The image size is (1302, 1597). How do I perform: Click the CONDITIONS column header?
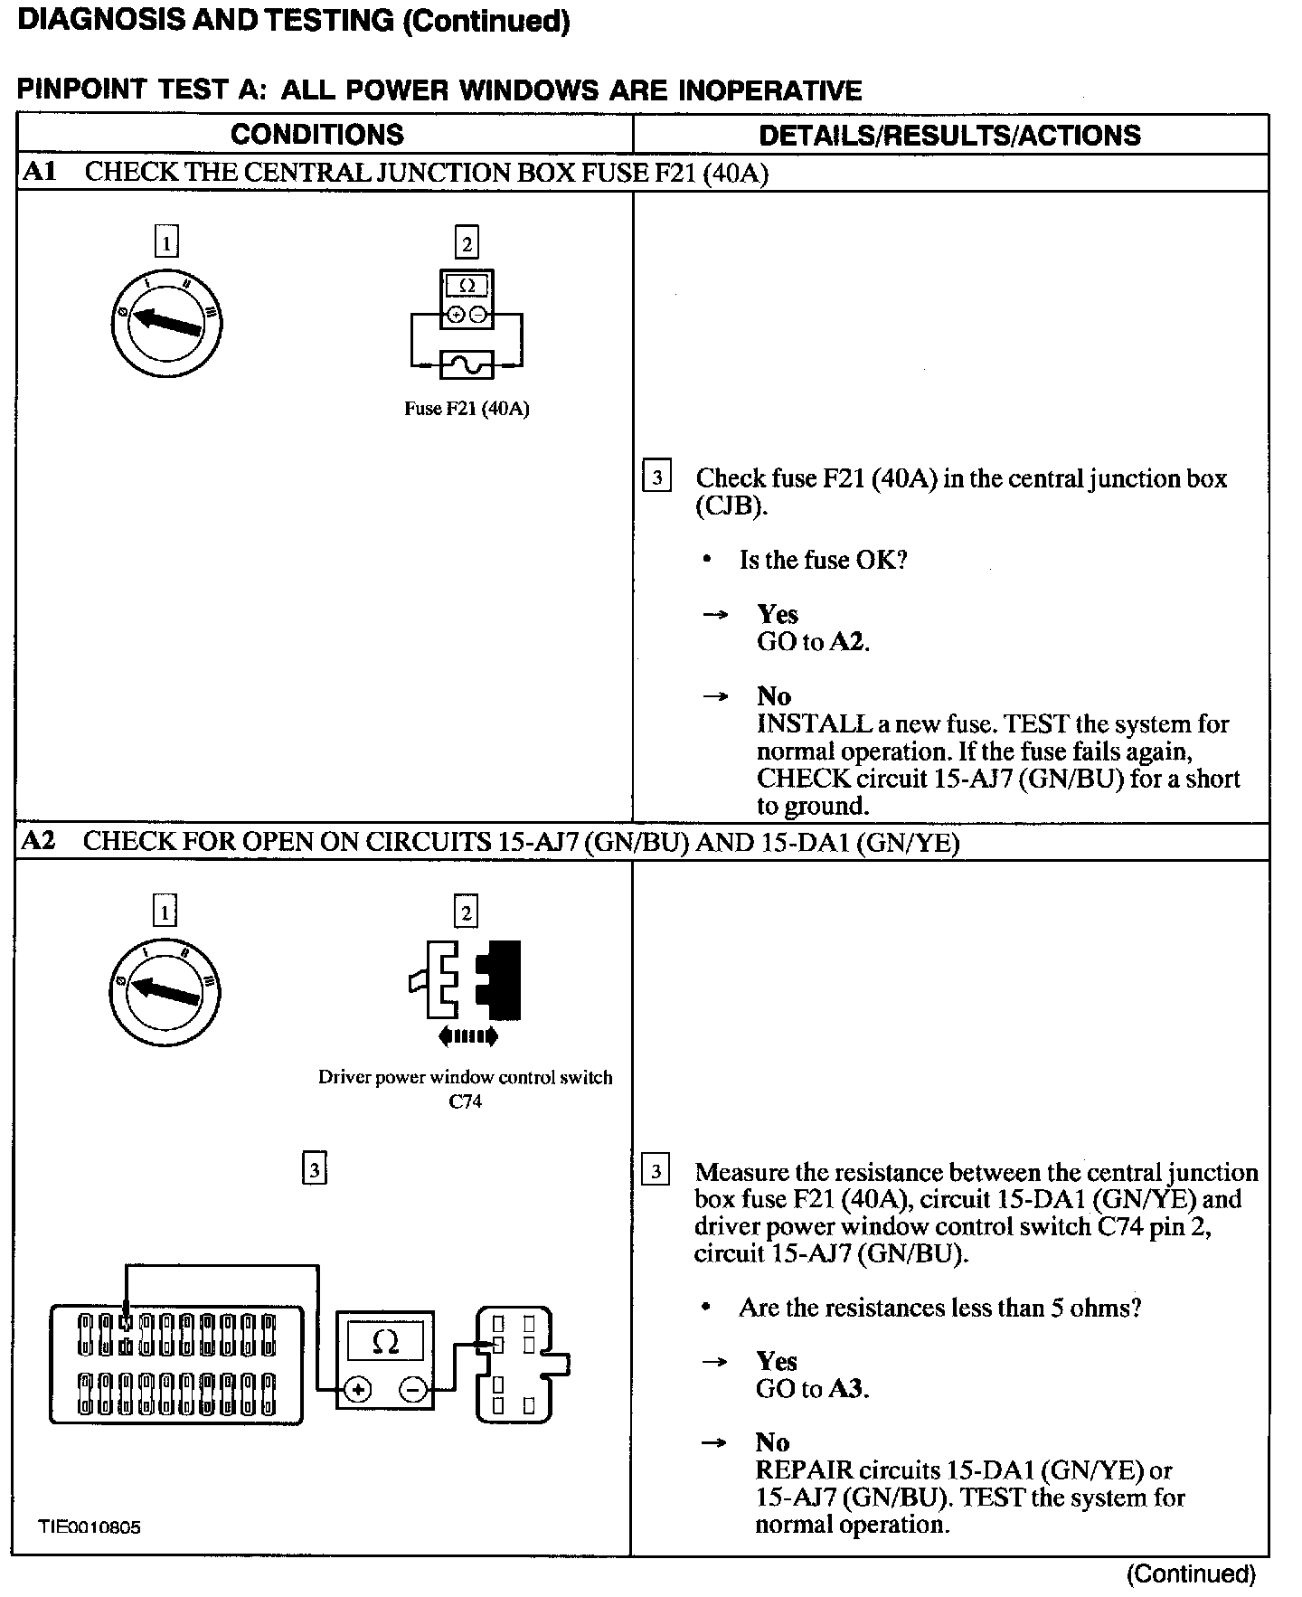[317, 135]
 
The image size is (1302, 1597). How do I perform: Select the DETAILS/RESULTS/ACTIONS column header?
[949, 136]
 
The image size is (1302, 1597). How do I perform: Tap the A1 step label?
[38, 172]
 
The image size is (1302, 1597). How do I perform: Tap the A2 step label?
[38, 841]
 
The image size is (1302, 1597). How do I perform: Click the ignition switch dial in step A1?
[166, 324]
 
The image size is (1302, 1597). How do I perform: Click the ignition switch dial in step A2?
[165, 993]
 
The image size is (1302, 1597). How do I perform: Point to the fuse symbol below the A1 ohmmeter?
[466, 364]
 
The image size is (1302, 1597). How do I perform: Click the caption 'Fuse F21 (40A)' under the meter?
[467, 409]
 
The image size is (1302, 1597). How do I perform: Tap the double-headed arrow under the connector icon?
[467, 1036]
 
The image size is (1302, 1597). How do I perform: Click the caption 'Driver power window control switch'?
[465, 1077]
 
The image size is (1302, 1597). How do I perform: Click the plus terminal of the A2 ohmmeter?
[359, 1390]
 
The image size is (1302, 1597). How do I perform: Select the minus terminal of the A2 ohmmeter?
[413, 1390]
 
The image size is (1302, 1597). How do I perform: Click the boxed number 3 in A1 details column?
[656, 477]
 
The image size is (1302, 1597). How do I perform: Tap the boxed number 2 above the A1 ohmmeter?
[467, 242]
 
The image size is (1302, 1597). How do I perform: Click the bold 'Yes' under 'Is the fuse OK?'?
[778, 615]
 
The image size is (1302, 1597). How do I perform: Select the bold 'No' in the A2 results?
[772, 1442]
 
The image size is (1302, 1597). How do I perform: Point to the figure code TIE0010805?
[90, 1527]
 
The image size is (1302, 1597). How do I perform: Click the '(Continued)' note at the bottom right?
[1191, 1574]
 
